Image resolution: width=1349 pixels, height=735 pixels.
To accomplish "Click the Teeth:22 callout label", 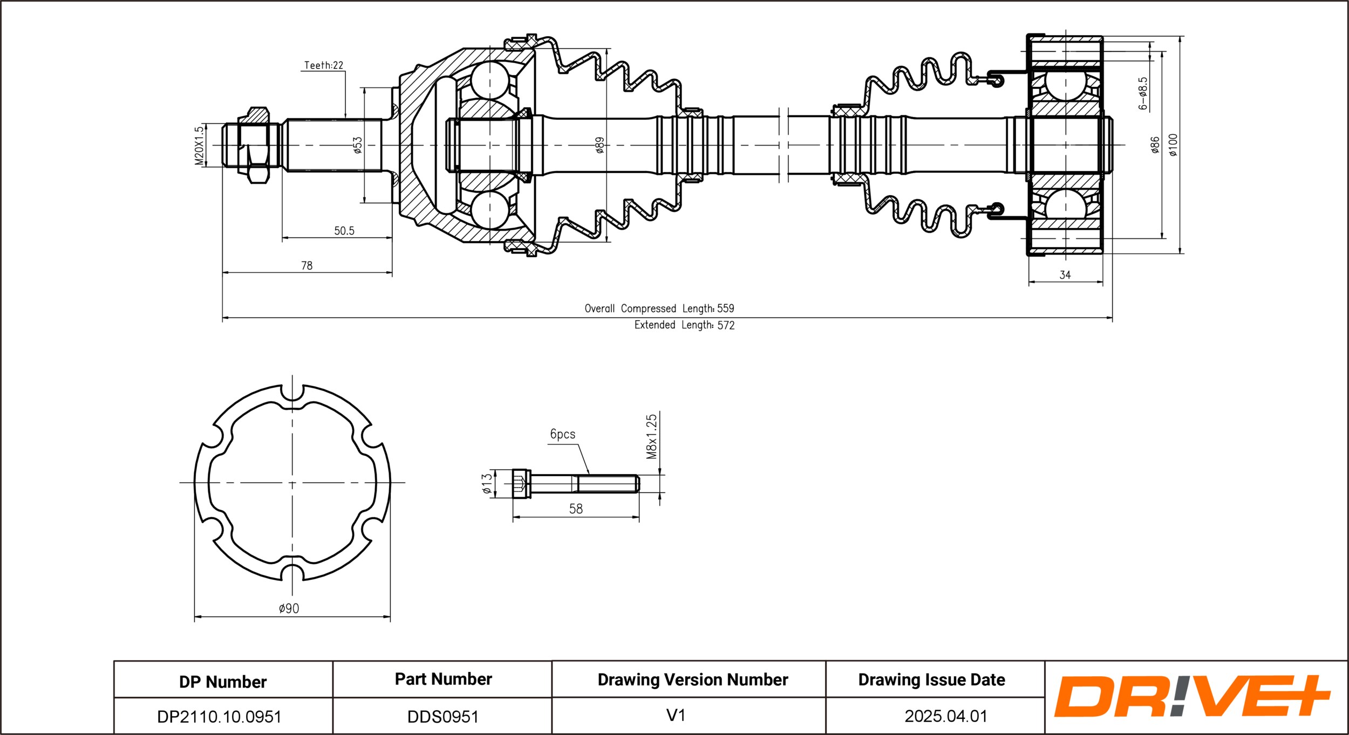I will tap(323, 65).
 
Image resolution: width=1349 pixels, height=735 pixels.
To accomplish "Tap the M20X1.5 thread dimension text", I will tap(199, 145).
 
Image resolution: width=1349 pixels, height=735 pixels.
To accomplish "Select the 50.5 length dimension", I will tap(344, 231).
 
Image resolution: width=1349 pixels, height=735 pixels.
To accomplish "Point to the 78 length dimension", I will tap(306, 265).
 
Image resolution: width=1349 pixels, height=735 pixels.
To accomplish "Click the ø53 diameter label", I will tap(357, 145).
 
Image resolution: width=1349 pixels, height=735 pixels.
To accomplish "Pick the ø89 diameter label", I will tap(599, 145).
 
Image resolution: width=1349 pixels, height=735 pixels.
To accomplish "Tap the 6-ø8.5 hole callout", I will tap(1143, 93).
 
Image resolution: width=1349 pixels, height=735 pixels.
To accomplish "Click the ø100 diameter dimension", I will tap(1173, 145).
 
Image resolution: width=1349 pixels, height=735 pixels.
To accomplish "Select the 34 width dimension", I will tap(1065, 275).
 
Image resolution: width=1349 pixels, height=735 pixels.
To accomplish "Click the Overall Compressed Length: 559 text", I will tap(659, 308).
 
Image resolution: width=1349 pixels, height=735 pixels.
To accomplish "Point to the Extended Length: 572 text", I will tap(684, 325).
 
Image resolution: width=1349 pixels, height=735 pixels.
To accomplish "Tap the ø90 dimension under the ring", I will tap(289, 608).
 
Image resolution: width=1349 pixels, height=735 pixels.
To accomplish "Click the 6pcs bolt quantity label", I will tap(562, 434).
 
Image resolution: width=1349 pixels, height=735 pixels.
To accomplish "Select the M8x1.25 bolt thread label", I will tap(652, 436).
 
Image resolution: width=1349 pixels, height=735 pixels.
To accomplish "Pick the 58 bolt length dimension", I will tap(576, 509).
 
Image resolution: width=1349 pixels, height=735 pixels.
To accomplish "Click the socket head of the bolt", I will tap(521, 483).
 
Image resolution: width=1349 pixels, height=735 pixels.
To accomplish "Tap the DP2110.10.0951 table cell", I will tap(219, 717).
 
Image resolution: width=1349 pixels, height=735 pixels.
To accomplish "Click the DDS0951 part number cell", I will tap(442, 717).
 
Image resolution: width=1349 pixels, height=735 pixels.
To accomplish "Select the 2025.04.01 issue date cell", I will tap(946, 716).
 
